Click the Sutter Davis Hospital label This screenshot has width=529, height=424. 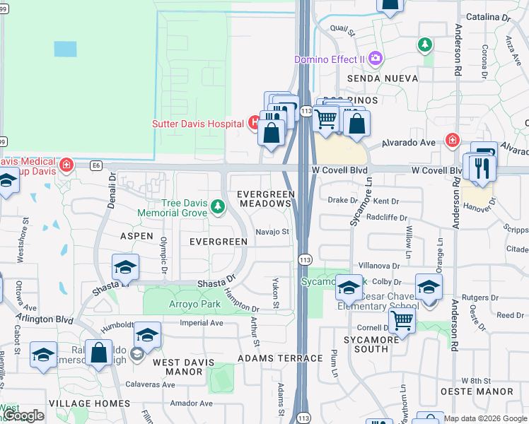(x=199, y=124)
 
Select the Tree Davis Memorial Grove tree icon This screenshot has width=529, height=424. (x=218, y=206)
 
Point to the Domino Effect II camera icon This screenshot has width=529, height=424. (x=375, y=57)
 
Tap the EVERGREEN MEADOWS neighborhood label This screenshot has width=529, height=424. (x=265, y=199)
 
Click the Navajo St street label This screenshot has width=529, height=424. (x=273, y=231)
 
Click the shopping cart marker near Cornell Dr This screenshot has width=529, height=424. (x=402, y=320)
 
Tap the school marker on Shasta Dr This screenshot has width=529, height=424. (x=125, y=266)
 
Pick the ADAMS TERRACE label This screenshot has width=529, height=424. (x=280, y=358)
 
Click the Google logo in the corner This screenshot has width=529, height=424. (x=24, y=416)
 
